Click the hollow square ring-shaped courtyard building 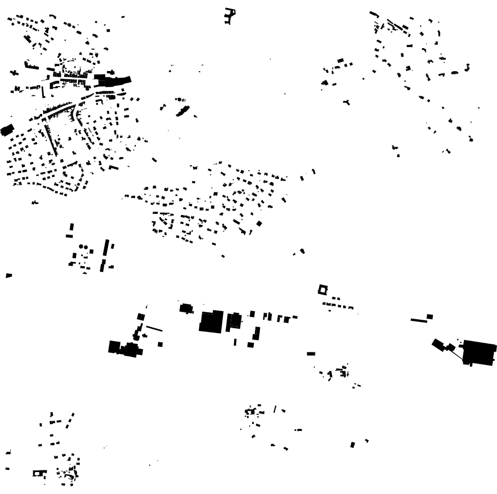[x=322, y=290]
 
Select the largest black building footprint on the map [x=479, y=353]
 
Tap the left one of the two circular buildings [x=80, y=246]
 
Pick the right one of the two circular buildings [x=86, y=246]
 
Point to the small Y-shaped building [x=347, y=101]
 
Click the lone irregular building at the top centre [x=230, y=16]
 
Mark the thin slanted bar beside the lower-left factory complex [x=154, y=328]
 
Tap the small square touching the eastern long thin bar [x=430, y=317]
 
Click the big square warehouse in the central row [x=211, y=322]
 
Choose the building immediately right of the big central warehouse [x=234, y=321]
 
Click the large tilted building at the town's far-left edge [x=7, y=130]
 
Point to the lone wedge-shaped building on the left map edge [x=9, y=275]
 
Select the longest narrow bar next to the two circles [x=106, y=249]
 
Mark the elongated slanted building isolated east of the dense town [x=183, y=111]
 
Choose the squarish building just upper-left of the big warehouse [x=186, y=308]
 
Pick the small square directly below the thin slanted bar [x=160, y=344]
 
